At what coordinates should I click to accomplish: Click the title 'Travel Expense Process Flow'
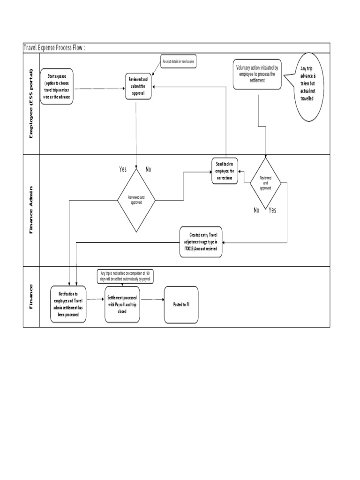coord(55,48)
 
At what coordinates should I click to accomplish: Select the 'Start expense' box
coord(57,86)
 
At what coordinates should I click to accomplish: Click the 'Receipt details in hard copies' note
coord(178,62)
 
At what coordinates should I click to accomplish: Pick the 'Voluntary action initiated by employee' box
coord(257,74)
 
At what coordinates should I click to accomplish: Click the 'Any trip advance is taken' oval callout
coord(308,87)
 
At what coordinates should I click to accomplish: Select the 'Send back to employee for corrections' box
coord(225,171)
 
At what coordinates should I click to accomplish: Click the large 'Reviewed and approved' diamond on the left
coord(136,200)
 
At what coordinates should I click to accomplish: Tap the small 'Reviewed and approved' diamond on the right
coord(265,183)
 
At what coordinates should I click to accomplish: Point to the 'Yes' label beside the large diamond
coord(123,169)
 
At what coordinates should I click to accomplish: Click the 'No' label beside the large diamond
coord(148,169)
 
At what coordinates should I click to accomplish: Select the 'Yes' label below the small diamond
coord(272,210)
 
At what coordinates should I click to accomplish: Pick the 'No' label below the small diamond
coord(256,210)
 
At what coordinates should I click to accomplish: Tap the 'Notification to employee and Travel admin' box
coord(68,304)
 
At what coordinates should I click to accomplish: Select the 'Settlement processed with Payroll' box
coord(122,304)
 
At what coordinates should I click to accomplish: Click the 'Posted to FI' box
coord(181,304)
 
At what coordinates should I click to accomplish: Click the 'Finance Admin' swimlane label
coord(31,210)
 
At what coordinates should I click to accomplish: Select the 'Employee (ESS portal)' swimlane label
coord(31,104)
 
